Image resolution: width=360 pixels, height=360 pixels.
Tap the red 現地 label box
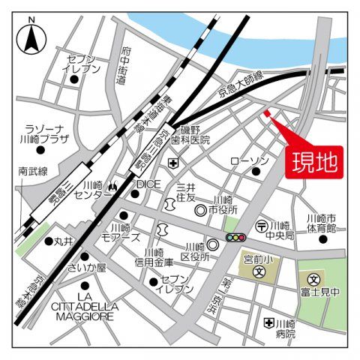[x=313, y=161]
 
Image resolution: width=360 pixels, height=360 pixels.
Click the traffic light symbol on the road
[x=235, y=238]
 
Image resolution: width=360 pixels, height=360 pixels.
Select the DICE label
[x=148, y=184]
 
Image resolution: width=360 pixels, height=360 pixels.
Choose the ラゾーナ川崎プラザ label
[x=47, y=133]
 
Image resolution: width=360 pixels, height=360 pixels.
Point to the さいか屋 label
[x=88, y=268]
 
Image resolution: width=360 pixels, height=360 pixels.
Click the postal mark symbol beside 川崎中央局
[x=261, y=225]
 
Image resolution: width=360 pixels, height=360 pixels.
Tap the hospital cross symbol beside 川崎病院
[x=268, y=322]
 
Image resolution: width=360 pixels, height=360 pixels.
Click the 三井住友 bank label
[x=185, y=191]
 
